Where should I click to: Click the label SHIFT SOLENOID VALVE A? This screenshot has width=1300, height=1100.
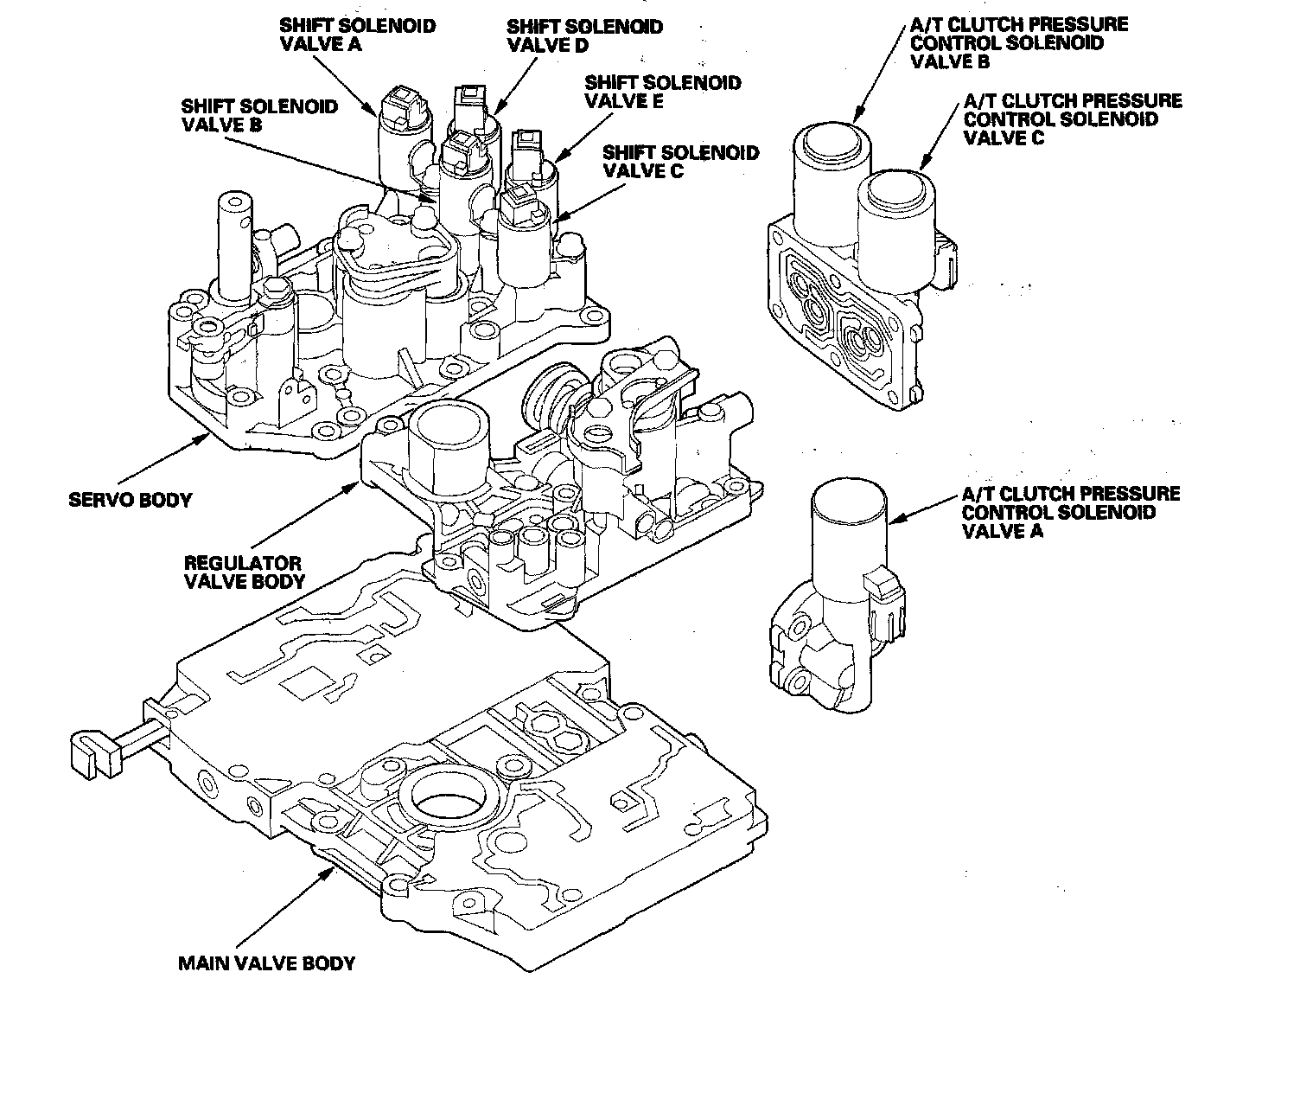point(357,35)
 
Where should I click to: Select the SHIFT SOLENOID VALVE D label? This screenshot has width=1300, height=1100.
point(584,35)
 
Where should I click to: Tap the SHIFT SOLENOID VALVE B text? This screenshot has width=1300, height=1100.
point(259,115)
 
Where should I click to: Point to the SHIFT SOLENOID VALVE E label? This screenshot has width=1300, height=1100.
point(662,92)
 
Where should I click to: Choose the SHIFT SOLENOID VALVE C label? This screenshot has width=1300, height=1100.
point(680,162)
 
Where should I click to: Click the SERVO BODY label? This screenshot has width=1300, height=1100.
point(131,500)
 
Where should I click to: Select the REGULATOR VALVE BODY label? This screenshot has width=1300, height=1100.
point(244,572)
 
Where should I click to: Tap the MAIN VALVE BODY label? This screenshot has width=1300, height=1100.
point(267,963)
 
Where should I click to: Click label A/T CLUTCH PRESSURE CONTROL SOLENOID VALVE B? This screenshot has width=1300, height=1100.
point(1019,42)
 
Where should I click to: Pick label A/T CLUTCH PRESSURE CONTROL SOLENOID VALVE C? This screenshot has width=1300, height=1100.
point(1073,119)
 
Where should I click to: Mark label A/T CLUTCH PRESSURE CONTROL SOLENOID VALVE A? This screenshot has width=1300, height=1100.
point(1070,512)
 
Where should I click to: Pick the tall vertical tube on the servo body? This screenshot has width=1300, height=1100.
point(235,246)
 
